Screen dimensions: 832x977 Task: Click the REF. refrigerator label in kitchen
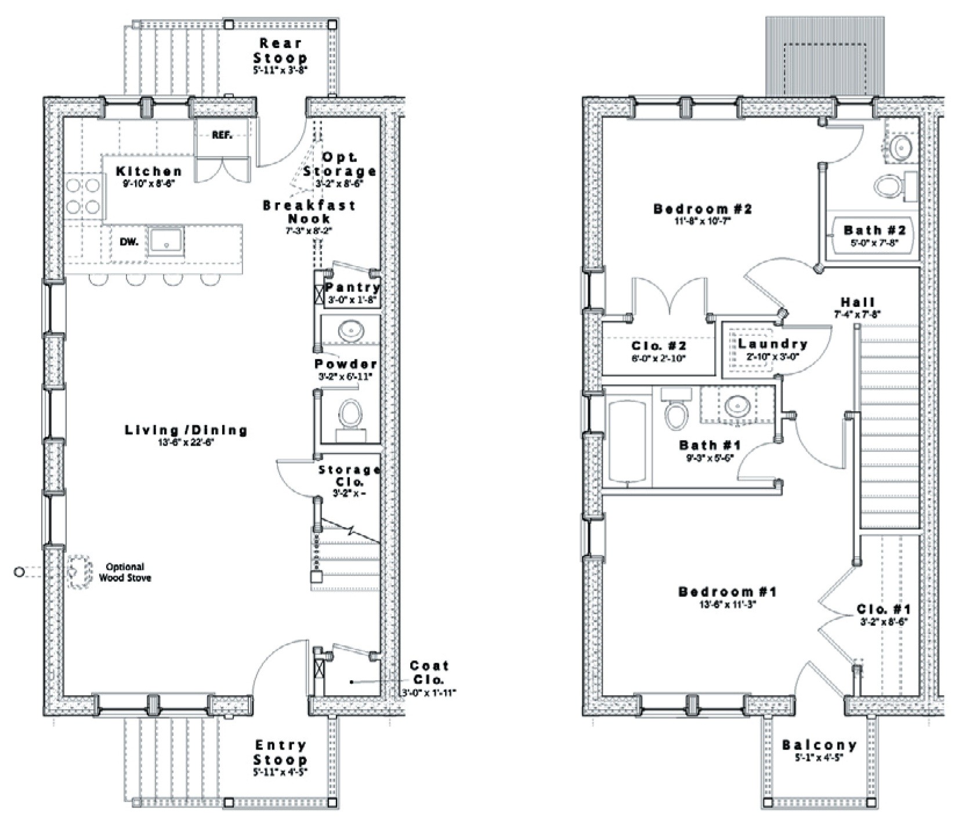point(222,136)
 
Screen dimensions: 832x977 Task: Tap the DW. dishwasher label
point(129,242)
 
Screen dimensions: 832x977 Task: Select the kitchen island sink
point(166,241)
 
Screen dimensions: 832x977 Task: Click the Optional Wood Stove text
point(125,572)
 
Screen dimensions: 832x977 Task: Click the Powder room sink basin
point(350,331)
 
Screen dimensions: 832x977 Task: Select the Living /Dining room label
point(186,430)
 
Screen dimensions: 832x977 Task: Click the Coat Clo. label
point(429,673)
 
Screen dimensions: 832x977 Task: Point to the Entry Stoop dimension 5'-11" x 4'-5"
point(280,772)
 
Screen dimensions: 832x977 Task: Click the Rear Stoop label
point(280,50)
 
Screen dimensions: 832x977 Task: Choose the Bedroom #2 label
point(702,209)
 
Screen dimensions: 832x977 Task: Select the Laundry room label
point(772,344)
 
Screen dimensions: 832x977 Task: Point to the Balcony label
point(819,745)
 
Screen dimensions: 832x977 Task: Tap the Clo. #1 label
point(883,609)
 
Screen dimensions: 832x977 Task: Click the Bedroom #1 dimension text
point(727,604)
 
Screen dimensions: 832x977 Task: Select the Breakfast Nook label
point(309,212)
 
